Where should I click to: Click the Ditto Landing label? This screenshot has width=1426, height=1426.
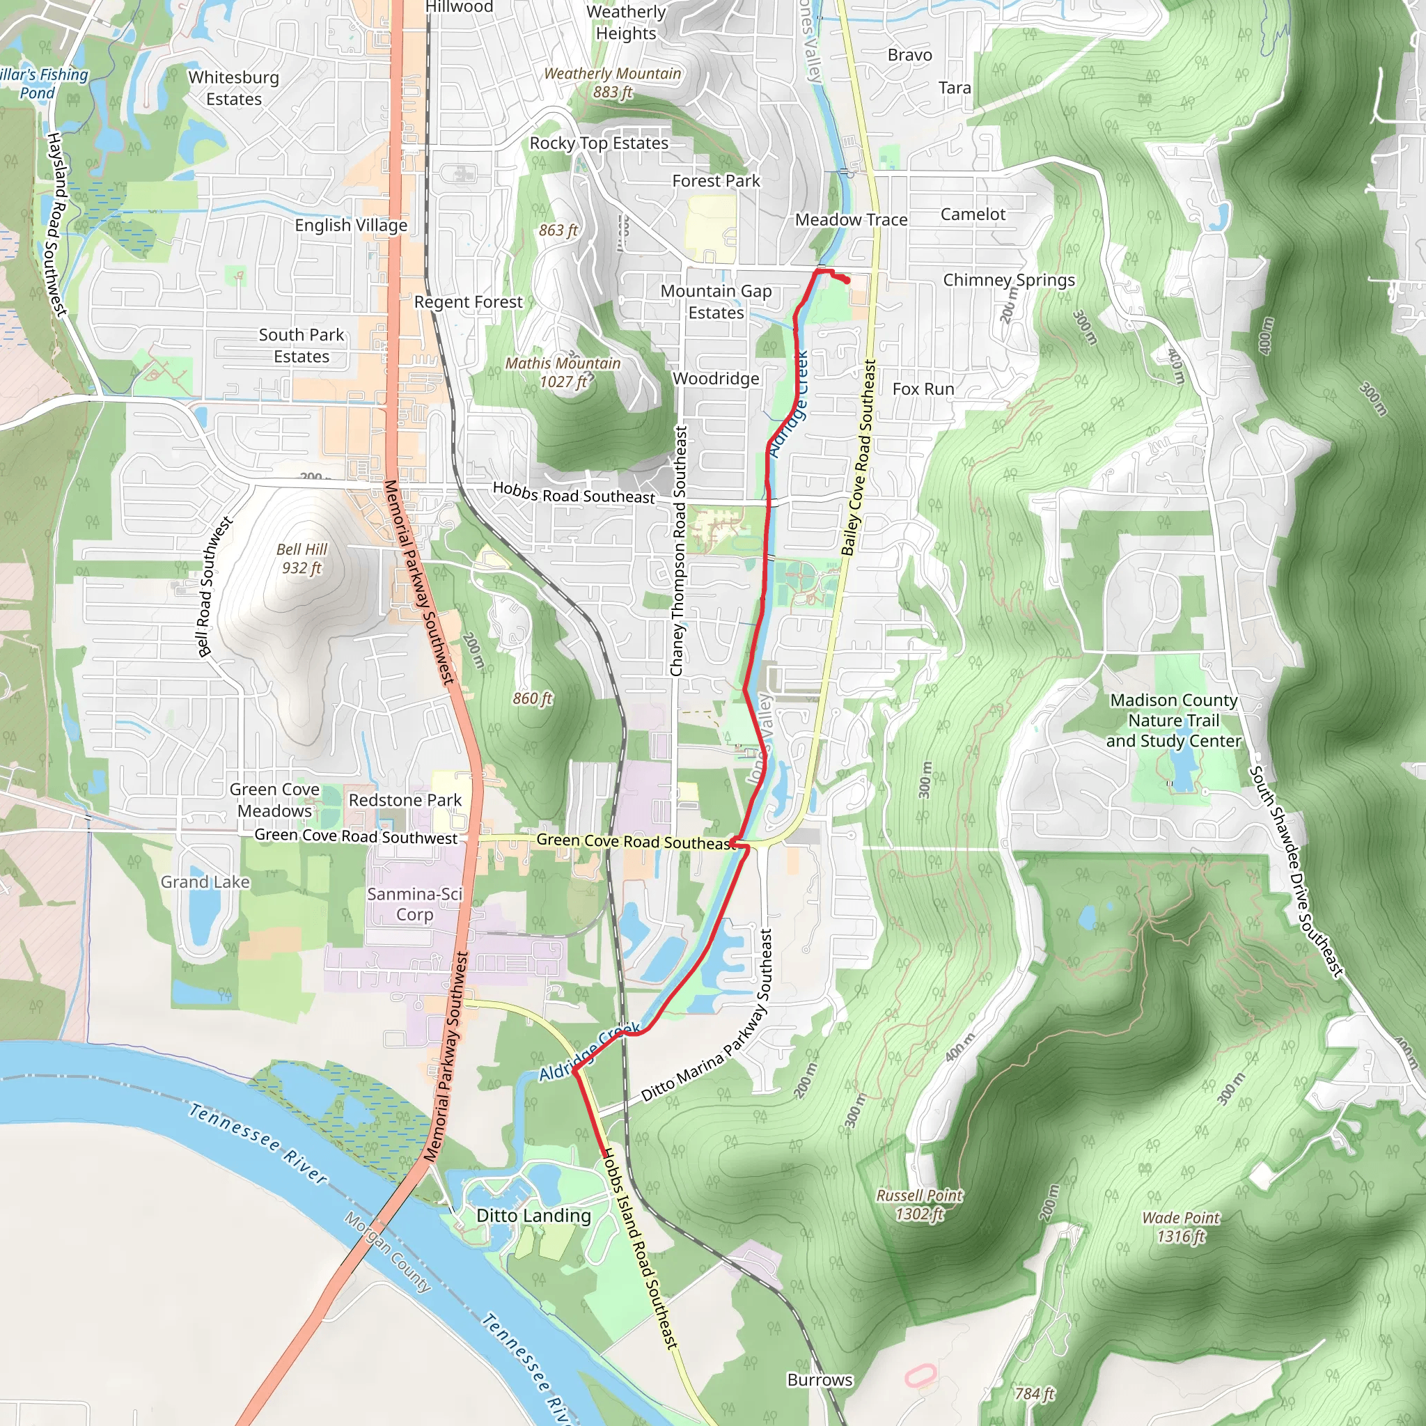point(533,1216)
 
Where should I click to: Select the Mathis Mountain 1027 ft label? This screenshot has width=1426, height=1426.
point(563,373)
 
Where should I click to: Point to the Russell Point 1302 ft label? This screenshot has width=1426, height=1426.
point(920,1205)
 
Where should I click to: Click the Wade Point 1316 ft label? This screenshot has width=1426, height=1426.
point(1181,1227)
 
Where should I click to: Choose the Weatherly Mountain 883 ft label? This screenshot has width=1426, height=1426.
point(613,83)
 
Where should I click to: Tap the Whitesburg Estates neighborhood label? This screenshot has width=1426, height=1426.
point(234,88)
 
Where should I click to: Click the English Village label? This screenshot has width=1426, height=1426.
point(352,225)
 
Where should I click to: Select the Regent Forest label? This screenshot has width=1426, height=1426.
point(468,302)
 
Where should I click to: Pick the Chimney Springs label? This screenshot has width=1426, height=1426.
point(1009,280)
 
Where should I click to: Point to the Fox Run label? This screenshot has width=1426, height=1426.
point(923,389)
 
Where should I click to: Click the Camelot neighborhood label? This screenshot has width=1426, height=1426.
point(973,214)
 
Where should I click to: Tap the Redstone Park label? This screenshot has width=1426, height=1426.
point(405,800)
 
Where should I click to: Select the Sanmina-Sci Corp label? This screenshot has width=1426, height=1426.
point(415,904)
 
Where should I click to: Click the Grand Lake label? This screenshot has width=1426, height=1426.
point(205,882)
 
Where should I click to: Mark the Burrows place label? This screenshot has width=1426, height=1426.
point(820,1380)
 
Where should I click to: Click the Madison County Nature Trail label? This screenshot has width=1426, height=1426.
point(1173,721)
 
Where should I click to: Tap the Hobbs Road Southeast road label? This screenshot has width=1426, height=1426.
point(574,493)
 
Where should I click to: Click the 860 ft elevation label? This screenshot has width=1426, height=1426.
point(533,698)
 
